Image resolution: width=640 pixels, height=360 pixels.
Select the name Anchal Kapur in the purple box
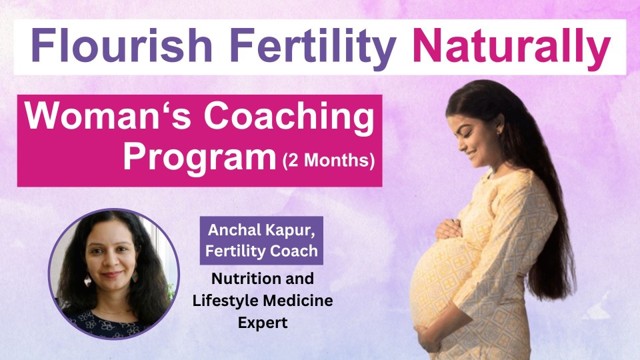click(x=261, y=230)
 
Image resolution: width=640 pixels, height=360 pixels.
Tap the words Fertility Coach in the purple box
click(x=261, y=251)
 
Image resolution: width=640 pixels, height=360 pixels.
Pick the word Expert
click(x=263, y=323)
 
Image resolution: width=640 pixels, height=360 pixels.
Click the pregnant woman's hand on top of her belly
click(x=449, y=229)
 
